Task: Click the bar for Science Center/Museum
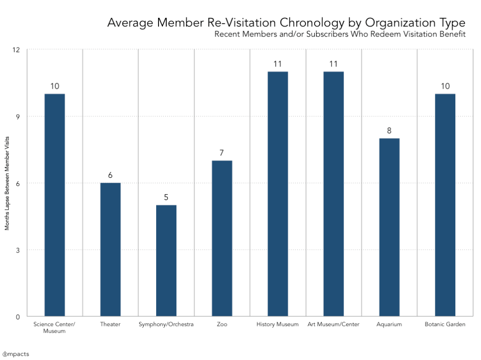(55, 205)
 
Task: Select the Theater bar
(111, 250)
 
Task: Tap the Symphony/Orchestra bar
(166, 261)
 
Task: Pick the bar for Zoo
(222, 238)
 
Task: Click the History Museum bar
(278, 194)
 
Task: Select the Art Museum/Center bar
(334, 194)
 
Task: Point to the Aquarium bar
(389, 227)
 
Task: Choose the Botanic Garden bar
(445, 205)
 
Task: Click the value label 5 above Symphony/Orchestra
(166, 198)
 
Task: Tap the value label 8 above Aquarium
(389, 131)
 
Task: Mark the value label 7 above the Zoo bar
(222, 153)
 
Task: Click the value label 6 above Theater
(111, 175)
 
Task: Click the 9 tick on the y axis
(18, 117)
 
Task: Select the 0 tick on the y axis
(18, 317)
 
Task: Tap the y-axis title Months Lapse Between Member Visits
(7, 183)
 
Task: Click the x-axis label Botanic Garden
(445, 325)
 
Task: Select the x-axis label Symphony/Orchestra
(166, 325)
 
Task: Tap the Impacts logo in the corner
(16, 354)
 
